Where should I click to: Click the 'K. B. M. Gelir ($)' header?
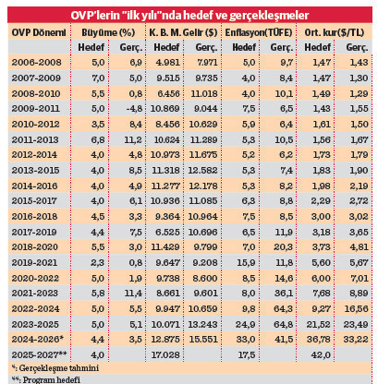[183, 32]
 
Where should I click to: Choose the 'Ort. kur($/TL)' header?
[336, 32]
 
